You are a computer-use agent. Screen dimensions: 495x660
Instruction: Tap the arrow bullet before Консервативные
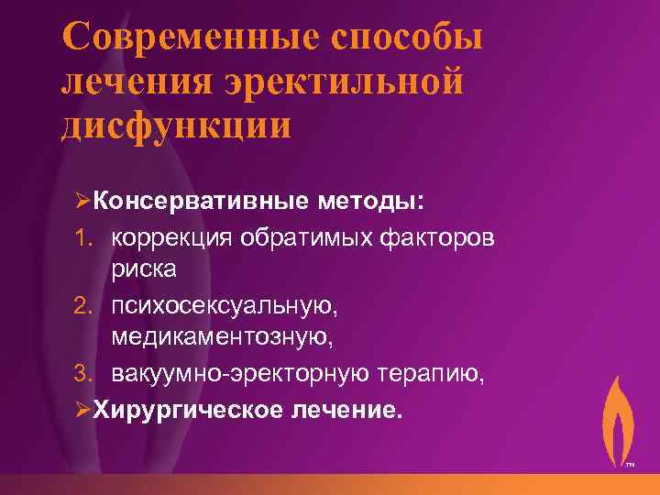tap(77, 200)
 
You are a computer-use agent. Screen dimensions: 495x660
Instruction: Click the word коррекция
tap(171, 237)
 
